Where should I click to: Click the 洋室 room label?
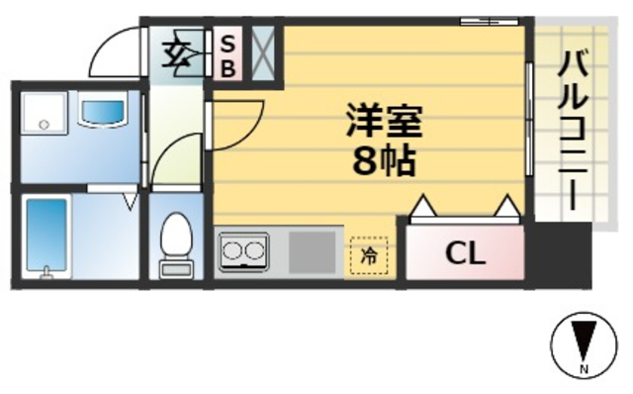coord(384,123)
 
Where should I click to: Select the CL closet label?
coord(465,253)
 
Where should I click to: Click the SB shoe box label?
coord(226,55)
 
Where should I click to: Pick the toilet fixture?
coord(176,244)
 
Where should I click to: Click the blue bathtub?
coord(45,238)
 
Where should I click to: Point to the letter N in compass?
coord(583,370)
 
